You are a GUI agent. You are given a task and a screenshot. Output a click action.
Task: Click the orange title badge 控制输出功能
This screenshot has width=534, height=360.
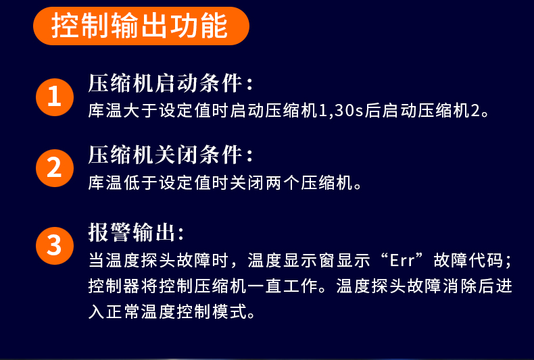click(x=141, y=26)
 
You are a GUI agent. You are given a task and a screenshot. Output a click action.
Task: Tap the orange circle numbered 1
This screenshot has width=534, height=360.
click(x=55, y=97)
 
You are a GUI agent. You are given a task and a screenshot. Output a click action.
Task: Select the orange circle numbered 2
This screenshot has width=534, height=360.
click(x=55, y=168)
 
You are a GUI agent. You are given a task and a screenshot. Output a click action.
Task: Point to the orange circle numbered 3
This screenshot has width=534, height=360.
click(x=55, y=246)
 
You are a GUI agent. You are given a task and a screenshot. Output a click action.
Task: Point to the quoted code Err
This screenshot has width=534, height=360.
click(x=402, y=261)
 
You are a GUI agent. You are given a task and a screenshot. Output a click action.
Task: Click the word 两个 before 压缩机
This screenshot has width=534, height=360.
click(x=283, y=183)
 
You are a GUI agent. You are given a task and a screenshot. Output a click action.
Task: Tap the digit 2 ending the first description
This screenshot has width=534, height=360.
click(x=475, y=111)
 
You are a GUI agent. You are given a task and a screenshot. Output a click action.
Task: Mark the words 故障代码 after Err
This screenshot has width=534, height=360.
click(x=469, y=261)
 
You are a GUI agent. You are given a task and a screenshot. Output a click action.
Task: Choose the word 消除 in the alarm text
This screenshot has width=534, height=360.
click(x=460, y=286)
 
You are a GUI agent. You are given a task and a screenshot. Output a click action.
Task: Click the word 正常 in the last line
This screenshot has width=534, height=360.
click(x=123, y=311)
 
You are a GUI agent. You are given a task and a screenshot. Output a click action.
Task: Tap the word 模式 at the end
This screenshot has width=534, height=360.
click(x=230, y=311)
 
